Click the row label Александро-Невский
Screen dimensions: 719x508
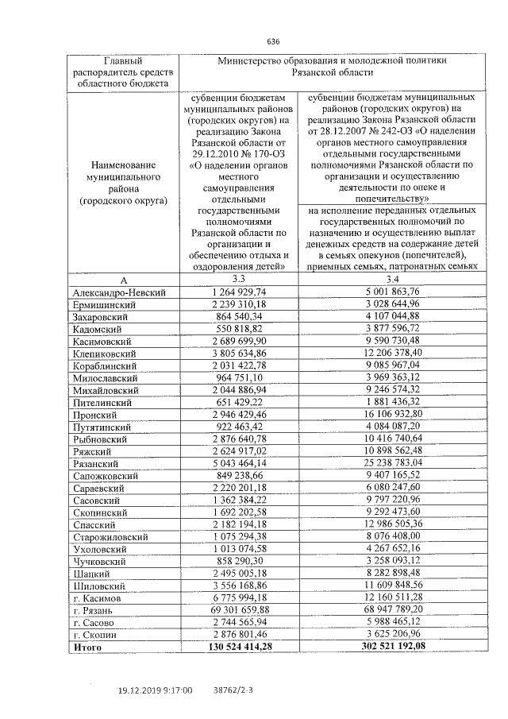point(119,292)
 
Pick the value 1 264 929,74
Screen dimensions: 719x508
point(239,292)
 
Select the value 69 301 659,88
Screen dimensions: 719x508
point(239,609)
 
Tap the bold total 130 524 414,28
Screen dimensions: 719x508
point(239,647)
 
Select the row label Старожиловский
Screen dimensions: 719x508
point(109,536)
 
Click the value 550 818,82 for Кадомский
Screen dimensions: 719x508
point(239,329)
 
